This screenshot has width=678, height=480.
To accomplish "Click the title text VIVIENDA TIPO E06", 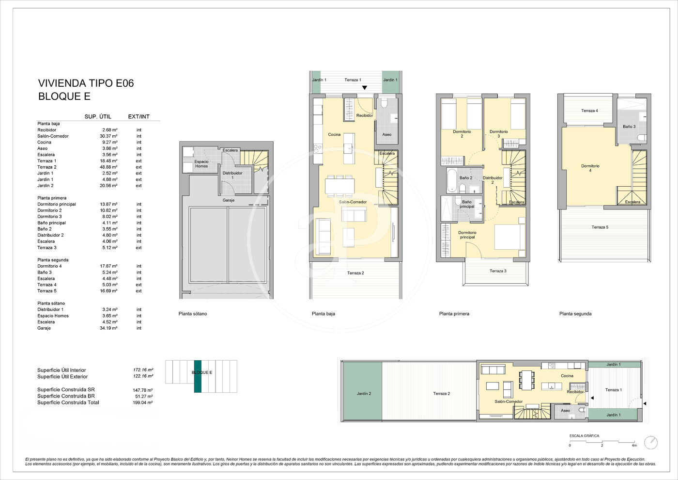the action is tap(86, 83).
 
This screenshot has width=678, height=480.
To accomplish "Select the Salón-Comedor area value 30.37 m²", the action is tap(108, 136).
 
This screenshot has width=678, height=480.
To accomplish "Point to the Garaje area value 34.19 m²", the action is tap(108, 328).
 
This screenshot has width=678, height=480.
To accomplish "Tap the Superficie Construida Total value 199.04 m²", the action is tap(142, 402).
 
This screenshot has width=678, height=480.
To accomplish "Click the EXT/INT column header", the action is tap(139, 116).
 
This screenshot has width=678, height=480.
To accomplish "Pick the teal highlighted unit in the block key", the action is tap(198, 376).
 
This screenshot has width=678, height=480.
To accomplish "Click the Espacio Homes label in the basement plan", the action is tap(201, 164).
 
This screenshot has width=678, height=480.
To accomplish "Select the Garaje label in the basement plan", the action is tap(229, 200).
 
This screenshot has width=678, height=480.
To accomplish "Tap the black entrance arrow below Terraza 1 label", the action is tap(365, 88).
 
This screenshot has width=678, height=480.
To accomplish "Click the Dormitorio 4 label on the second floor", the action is tap(590, 168).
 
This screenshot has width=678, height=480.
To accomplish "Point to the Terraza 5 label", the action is tap(600, 227).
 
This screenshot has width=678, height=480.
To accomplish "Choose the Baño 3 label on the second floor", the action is tap(629, 127).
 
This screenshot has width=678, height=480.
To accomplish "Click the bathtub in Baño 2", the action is tap(452, 180).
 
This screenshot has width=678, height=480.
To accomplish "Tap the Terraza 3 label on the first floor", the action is tap(498, 271).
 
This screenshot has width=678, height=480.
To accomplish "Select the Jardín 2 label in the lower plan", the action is tap(364, 393).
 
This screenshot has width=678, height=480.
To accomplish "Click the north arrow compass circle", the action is tap(651, 443).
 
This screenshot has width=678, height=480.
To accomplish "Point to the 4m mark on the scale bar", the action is tap(634, 446).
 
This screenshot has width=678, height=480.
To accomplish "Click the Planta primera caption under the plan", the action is tap(454, 314).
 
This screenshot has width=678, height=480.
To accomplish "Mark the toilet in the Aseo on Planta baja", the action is tap(384, 104).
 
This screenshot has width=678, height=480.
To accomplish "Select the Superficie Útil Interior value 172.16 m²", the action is tap(143, 369).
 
